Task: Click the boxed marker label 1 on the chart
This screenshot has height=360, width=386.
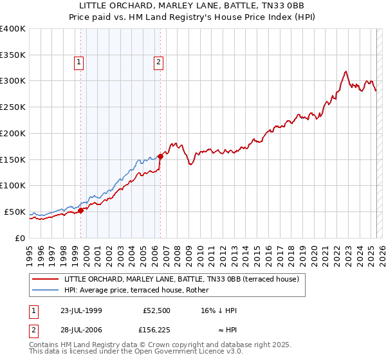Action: [78, 62]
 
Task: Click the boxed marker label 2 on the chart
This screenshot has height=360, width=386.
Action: [158, 62]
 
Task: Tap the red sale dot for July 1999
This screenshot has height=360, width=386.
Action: [81, 210]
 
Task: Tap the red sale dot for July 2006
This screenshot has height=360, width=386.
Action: [160, 156]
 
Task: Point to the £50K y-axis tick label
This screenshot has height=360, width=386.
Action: [15, 212]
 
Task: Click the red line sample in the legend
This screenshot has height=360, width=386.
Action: [46, 280]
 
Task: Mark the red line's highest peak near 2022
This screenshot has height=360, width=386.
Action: [346, 71]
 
